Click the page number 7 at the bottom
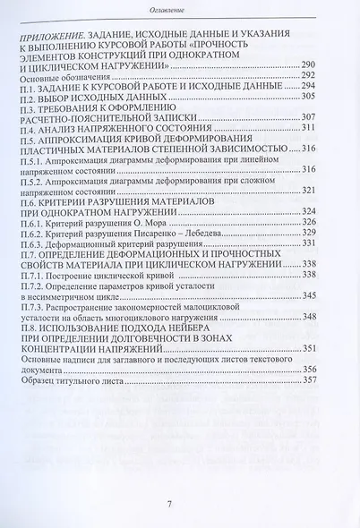tap(181, 504)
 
